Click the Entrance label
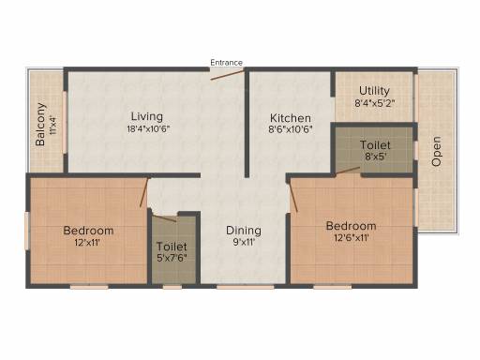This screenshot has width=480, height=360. point(226,63)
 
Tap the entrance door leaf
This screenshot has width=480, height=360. point(227,75)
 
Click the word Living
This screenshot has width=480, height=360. point(147,116)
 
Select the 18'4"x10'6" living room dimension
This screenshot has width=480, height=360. point(148,129)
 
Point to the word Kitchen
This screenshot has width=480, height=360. point(291,118)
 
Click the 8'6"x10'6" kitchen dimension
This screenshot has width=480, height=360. point(291,129)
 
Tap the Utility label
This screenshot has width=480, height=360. point(374,91)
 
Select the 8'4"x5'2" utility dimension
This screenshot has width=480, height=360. point(375,103)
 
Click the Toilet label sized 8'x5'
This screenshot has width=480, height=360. point(375,145)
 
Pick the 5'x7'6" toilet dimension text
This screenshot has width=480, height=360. point(172,258)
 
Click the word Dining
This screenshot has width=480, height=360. point(244,231)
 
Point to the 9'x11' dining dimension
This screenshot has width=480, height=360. point(244,242)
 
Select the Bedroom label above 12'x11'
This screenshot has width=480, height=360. point(88,231)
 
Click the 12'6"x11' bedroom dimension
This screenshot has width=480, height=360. point(352,238)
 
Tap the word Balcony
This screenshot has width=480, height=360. point(40,125)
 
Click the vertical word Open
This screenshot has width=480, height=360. point(436,151)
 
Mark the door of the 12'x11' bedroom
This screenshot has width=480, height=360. point(143,192)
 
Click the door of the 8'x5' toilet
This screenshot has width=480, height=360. point(348,170)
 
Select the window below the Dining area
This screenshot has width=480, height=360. point(246,287)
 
